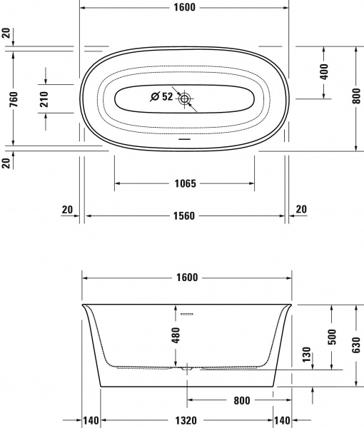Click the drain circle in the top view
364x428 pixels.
pyautogui.click(x=187, y=98)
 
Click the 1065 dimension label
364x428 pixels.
pyautogui.click(x=184, y=183)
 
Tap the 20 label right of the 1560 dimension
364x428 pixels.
pyautogui.click(x=300, y=209)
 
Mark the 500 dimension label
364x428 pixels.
pyautogui.click(x=330, y=337)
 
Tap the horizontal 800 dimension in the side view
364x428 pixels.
pyautogui.click(x=241, y=401)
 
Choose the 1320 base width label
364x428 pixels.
pyautogui.click(x=186, y=421)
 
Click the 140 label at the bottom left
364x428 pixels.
pyautogui.click(x=90, y=421)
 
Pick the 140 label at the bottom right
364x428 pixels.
pyautogui.click(x=283, y=421)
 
